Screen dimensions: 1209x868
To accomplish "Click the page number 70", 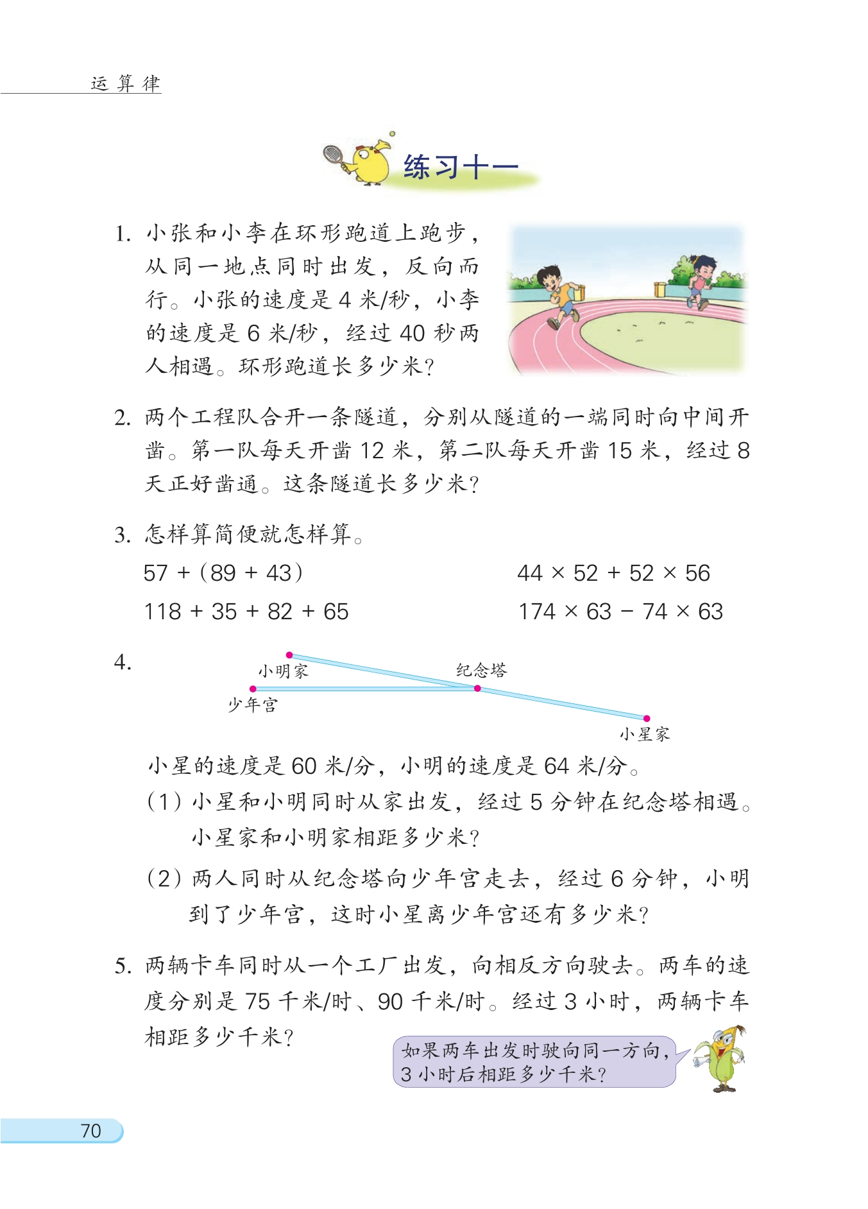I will [x=90, y=1130].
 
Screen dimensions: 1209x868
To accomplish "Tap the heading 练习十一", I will [x=461, y=167].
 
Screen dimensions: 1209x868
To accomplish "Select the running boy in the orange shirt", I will [x=557, y=296].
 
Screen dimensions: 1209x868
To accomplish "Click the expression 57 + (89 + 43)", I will [x=223, y=572].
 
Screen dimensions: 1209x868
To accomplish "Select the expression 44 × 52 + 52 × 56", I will [x=613, y=572].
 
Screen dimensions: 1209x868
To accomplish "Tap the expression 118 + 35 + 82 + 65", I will [x=246, y=612].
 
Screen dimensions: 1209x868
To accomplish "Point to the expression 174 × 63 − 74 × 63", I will [x=620, y=612].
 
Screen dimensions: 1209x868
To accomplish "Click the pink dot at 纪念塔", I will [x=477, y=689].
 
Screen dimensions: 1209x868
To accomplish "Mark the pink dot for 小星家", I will [x=647, y=718].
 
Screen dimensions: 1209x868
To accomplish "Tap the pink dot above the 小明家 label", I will [x=289, y=655].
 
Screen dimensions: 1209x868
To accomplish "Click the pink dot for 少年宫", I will [x=253, y=689].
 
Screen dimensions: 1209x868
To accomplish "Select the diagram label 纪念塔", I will [x=481, y=671].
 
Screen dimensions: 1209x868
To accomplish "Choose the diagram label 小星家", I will [x=644, y=734].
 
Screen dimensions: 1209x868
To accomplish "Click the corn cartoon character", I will [x=722, y=1058].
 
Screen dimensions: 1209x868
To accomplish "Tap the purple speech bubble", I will [x=534, y=1062].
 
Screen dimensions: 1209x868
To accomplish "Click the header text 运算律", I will [x=126, y=83].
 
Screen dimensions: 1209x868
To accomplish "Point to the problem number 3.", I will [x=123, y=535].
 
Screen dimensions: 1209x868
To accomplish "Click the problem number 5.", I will [x=123, y=966].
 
